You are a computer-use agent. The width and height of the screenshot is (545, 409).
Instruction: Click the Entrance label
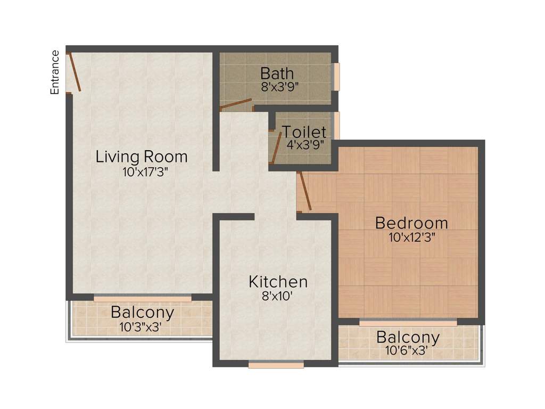tap(55, 72)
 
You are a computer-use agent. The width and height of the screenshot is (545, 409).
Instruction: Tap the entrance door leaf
tap(75, 72)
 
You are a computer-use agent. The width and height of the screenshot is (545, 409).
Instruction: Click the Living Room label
tap(142, 157)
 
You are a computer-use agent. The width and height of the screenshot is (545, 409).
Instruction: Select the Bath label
tap(277, 73)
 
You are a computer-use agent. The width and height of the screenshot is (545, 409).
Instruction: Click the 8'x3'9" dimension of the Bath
tap(280, 87)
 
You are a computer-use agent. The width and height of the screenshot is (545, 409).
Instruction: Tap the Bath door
tap(236, 104)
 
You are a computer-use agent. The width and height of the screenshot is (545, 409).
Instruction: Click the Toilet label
tap(304, 132)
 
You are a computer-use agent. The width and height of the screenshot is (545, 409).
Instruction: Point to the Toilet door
tap(277, 148)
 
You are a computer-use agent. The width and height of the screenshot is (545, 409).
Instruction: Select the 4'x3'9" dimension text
tap(305, 144)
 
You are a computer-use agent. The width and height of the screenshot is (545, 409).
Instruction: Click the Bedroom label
tap(411, 223)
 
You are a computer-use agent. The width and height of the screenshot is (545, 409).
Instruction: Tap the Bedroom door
tap(305, 191)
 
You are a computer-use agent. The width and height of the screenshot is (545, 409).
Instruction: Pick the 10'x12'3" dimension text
tap(412, 238)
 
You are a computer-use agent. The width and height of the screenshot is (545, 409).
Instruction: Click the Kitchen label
tap(278, 282)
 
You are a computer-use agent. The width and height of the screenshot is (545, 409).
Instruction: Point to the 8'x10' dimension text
tap(277, 296)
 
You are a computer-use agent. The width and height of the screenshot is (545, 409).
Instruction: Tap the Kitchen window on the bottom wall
tap(276, 365)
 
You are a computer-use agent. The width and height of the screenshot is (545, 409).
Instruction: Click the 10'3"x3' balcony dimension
tap(141, 327)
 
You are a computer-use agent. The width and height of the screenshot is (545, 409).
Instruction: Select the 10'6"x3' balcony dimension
tap(406, 350)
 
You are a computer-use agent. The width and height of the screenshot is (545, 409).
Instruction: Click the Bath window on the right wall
tap(336, 77)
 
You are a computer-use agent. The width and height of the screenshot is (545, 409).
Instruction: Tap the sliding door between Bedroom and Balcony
tap(408, 322)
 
